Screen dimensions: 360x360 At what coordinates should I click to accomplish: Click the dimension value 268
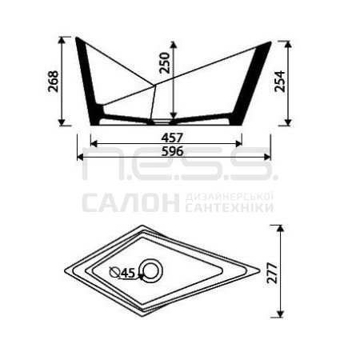(x=54, y=81)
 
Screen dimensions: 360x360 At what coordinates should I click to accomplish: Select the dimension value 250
(x=165, y=63)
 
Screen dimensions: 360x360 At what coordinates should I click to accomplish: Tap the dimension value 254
(x=280, y=82)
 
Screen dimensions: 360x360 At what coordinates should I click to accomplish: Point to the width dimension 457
(x=172, y=138)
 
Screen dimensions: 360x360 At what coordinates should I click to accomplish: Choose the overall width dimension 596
(x=173, y=151)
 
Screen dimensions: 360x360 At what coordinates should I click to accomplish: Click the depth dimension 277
(x=272, y=273)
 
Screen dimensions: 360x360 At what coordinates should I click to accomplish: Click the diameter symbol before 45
(x=114, y=272)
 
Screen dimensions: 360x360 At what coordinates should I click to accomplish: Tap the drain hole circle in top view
(x=151, y=270)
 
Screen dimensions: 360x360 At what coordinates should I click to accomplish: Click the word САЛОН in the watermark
(x=130, y=202)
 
